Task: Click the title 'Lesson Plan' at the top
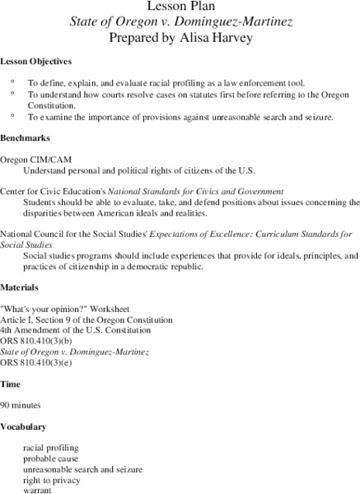click(180, 7)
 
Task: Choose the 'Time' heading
click(11, 384)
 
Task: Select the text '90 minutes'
click(21, 405)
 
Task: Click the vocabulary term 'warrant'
click(38, 489)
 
